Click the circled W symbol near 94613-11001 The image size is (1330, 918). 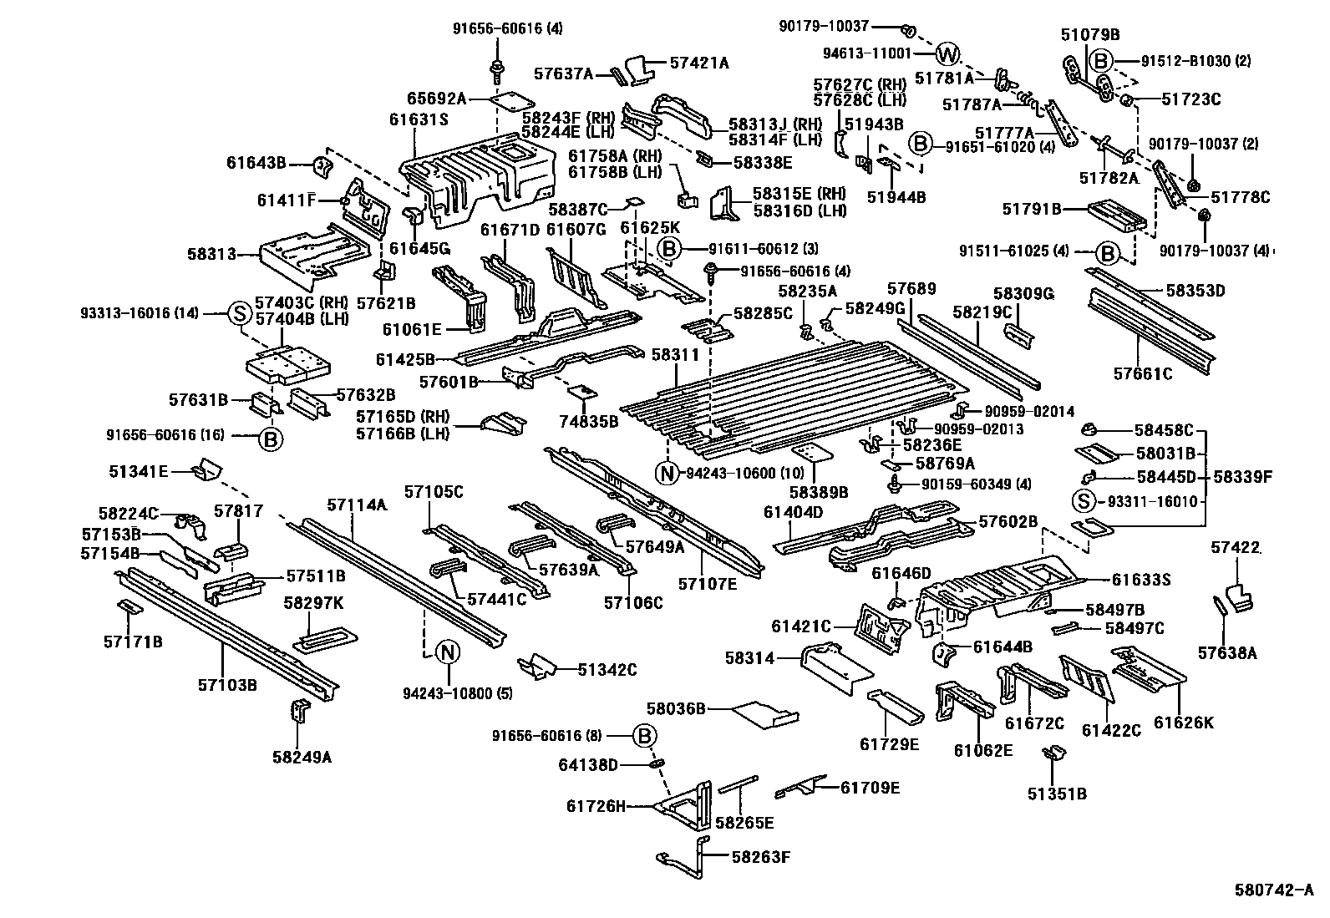(947, 55)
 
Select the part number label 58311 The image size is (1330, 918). (676, 355)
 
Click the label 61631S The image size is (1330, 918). (419, 119)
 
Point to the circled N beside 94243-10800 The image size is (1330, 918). (448, 652)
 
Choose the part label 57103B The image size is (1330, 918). (227, 685)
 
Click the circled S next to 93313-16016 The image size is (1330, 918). (239, 314)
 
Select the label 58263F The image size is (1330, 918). (760, 856)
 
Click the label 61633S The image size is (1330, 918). (1141, 579)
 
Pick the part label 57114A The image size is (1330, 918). (357, 505)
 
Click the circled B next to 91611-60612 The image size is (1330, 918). (669, 248)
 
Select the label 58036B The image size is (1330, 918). (677, 709)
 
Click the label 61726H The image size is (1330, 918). (596, 805)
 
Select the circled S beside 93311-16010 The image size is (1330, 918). (1084, 501)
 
